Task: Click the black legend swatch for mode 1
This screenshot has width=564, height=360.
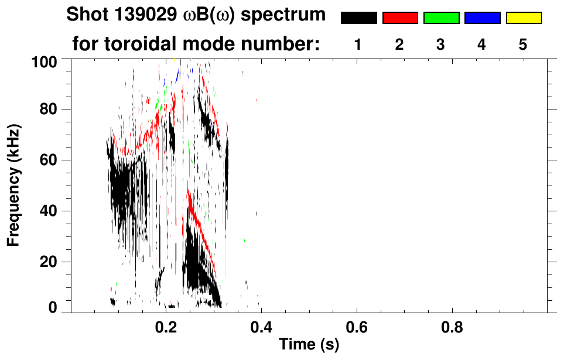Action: [x=358, y=18]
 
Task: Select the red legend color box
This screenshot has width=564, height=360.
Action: [x=400, y=18]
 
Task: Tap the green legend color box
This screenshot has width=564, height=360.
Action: [x=441, y=18]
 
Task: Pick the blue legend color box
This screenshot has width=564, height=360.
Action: [x=482, y=18]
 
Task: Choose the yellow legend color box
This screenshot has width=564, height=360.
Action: [x=524, y=18]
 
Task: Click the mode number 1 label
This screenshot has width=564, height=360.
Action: [x=358, y=45]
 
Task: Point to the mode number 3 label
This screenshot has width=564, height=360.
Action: [x=440, y=45]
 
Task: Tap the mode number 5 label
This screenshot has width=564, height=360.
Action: [x=523, y=45]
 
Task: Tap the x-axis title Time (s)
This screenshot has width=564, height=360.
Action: [x=308, y=345]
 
